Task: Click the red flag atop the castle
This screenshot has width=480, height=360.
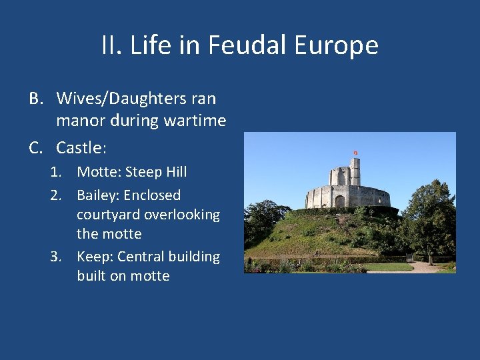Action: click(355, 153)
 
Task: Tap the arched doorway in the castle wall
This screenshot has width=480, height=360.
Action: click(339, 201)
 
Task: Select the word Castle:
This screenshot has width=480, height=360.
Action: click(81, 147)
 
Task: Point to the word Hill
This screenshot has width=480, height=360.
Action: click(176, 172)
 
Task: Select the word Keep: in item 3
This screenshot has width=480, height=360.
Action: click(94, 257)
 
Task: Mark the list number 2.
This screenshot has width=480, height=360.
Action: click(57, 195)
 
